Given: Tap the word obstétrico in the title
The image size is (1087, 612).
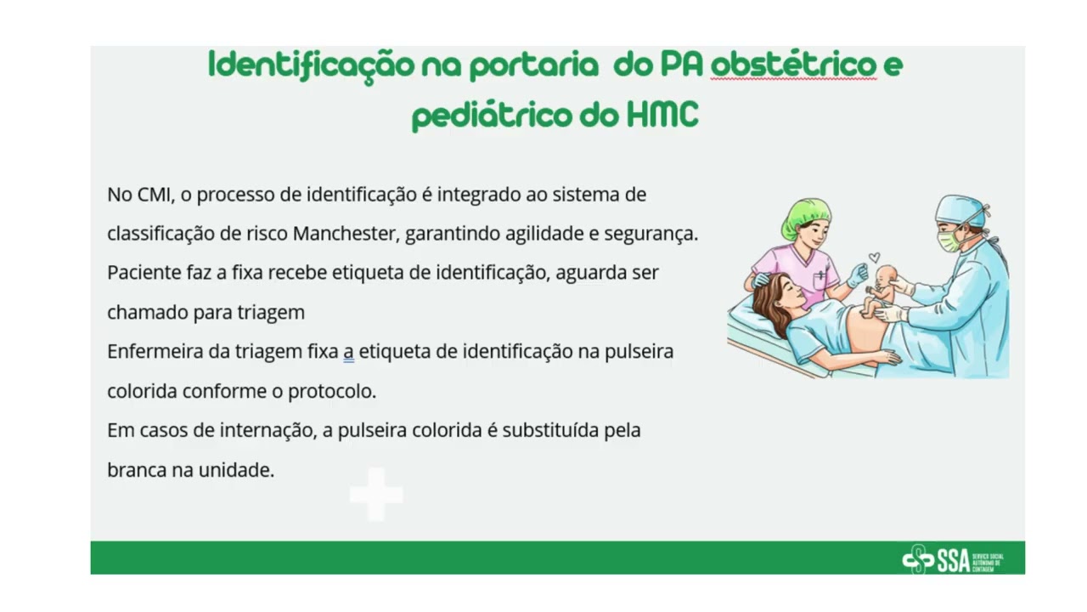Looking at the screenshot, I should tap(793, 64).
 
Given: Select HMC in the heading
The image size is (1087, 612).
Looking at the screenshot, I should tap(662, 114).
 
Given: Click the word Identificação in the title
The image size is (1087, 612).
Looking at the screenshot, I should tap(311, 65).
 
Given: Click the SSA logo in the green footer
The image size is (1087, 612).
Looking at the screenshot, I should tap(952, 559).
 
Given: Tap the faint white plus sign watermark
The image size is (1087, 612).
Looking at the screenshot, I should tap(376, 494).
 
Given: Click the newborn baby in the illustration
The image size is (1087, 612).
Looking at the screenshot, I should tap(881, 289).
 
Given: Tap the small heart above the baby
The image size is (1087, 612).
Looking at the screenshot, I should tap(874, 257).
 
